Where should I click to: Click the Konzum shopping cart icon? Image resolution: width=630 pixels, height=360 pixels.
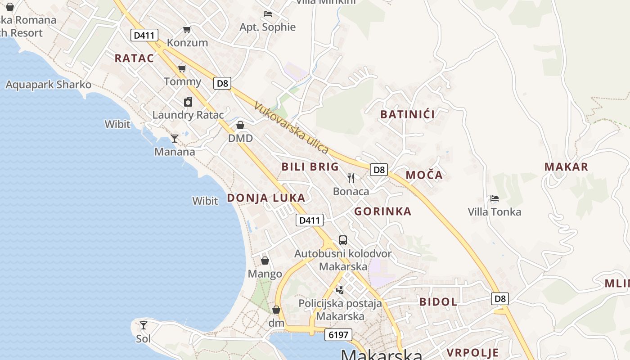(187, 30)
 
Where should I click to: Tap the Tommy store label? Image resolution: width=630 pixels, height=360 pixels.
(182, 81)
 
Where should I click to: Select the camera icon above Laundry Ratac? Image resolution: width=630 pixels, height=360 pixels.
(188, 102)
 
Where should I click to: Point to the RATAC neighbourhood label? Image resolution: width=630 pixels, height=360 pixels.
(134, 58)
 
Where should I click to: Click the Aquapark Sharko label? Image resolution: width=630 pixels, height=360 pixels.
(48, 85)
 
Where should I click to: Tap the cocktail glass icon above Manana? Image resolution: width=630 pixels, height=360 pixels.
(175, 139)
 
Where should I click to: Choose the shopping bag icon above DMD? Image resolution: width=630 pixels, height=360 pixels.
(240, 125)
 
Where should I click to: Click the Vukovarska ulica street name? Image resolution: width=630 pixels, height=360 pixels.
(291, 127)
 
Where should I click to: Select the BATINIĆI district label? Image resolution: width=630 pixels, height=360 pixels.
(408, 114)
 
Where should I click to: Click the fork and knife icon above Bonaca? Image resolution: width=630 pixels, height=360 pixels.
(351, 178)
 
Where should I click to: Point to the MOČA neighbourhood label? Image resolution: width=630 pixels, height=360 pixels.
(424, 175)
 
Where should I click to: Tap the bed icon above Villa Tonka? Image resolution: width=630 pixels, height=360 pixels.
(494, 198)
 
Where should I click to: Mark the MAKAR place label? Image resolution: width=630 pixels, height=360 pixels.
(566, 167)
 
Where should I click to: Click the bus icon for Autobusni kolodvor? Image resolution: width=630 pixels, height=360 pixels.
(343, 240)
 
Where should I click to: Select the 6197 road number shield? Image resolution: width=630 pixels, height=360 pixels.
(338, 335)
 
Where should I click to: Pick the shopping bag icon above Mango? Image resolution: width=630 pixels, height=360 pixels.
(265, 261)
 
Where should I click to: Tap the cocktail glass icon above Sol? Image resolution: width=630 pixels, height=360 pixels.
(144, 325)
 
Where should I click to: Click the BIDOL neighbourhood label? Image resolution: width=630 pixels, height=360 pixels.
(438, 302)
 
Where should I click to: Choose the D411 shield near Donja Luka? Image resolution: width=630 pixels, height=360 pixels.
(310, 220)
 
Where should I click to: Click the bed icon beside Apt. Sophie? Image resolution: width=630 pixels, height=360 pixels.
(268, 14)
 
